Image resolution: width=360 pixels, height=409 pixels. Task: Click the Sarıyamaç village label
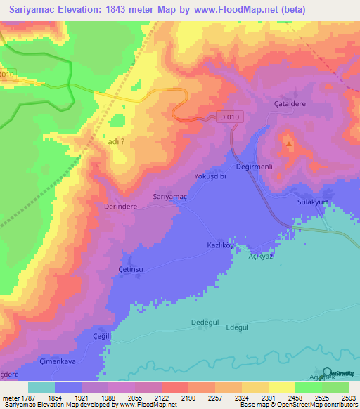[x=169, y=198]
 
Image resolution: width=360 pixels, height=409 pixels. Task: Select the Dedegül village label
[x=206, y=323]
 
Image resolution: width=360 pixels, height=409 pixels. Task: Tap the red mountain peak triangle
[x=289, y=144]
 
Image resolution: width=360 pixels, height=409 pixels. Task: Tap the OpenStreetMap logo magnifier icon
[x=326, y=374]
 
